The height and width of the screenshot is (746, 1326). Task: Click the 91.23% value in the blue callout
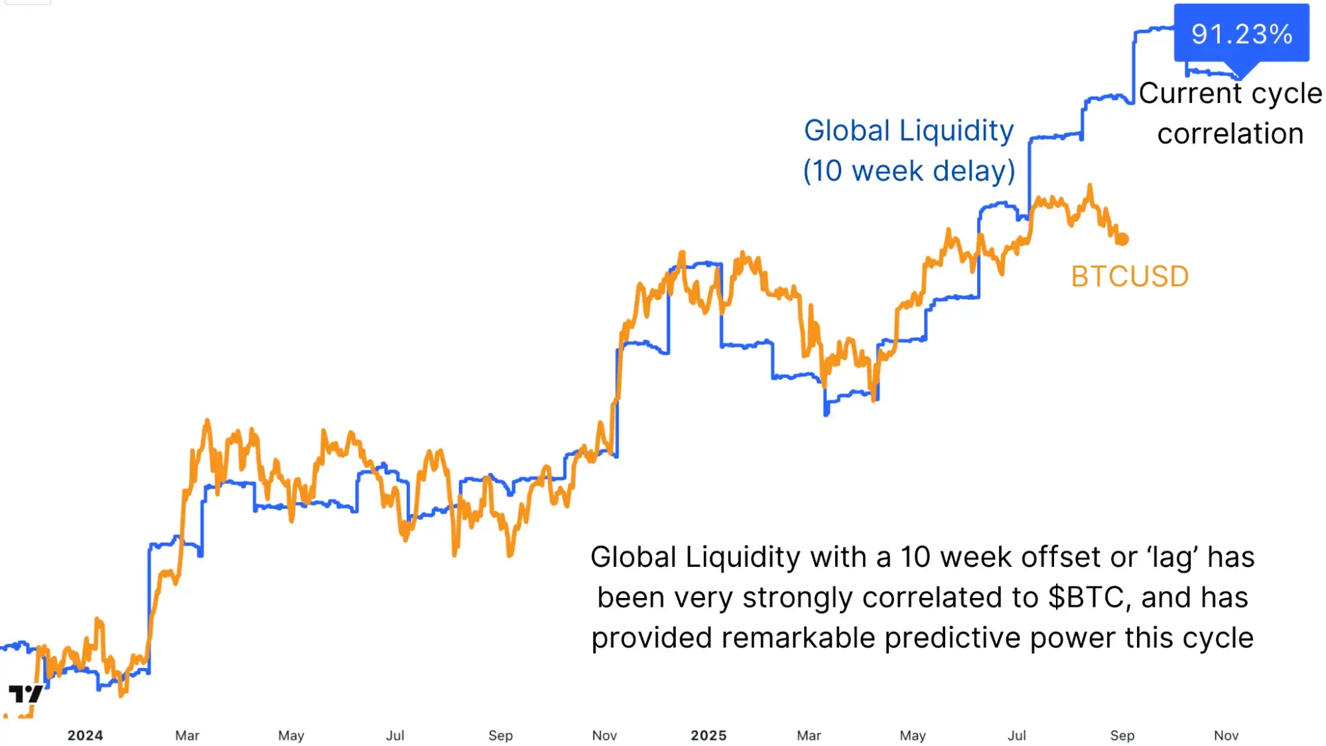[1241, 34]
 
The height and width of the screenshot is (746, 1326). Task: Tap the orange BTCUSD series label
[1130, 276]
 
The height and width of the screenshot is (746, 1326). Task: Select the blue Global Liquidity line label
[908, 131]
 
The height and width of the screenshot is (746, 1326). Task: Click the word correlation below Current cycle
[1230, 133]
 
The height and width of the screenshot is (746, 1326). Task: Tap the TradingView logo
[25, 694]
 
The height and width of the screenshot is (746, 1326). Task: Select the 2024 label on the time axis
[85, 735]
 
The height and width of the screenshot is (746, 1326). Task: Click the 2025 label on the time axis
[708, 735]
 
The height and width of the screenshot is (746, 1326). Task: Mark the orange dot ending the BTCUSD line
[1122, 239]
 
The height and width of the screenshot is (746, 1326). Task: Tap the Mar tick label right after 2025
[809, 735]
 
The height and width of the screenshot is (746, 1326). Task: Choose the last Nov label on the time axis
[1226, 735]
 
